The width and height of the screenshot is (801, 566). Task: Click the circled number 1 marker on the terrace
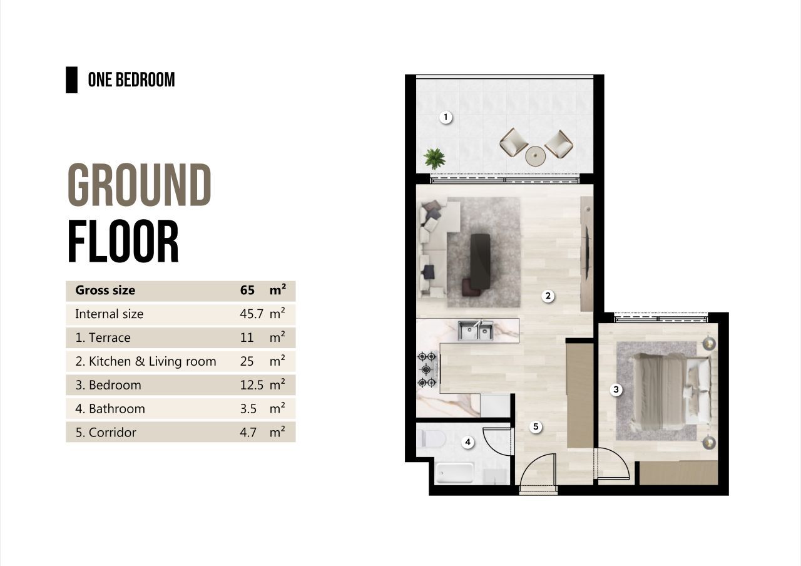pyautogui.click(x=446, y=117)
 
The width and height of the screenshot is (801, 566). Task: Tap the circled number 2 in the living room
pyautogui.click(x=548, y=296)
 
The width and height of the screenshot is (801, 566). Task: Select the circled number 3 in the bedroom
pyautogui.click(x=616, y=389)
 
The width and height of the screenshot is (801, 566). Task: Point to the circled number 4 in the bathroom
pyautogui.click(x=467, y=442)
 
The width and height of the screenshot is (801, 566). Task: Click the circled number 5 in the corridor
pyautogui.click(x=536, y=426)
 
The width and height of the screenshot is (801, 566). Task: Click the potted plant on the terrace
pyautogui.click(x=434, y=158)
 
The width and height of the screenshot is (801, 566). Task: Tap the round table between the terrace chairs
pyautogui.click(x=535, y=156)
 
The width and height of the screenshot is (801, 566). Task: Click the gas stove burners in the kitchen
pyautogui.click(x=427, y=369)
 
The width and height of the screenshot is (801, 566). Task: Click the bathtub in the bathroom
pyautogui.click(x=455, y=473)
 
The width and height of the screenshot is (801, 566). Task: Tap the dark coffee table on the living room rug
pyautogui.click(x=480, y=261)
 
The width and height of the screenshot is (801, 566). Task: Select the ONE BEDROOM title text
pyautogui.click(x=131, y=80)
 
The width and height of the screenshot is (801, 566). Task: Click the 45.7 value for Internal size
pyautogui.click(x=252, y=314)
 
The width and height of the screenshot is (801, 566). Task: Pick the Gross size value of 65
pyautogui.click(x=247, y=290)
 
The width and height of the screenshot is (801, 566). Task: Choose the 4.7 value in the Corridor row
pyautogui.click(x=248, y=432)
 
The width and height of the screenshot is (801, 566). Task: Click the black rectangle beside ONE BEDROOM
pyautogui.click(x=71, y=80)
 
